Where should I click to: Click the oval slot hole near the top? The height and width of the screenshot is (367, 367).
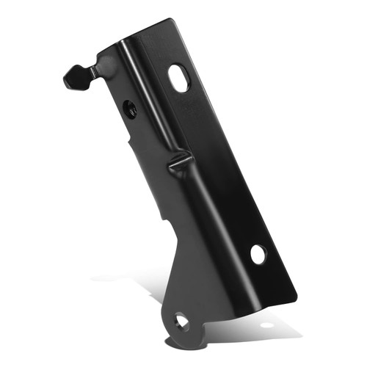click(x=178, y=78)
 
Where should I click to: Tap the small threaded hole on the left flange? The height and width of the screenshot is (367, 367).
click(x=129, y=108)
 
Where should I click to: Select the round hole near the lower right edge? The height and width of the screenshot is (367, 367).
click(x=258, y=254)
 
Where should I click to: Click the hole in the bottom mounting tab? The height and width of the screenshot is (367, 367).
click(x=181, y=320)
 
